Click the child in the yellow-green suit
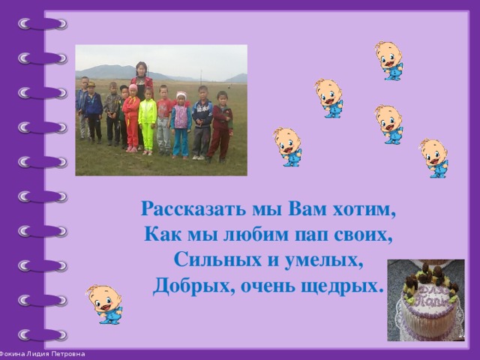point(148,120)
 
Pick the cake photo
point(426,300)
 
